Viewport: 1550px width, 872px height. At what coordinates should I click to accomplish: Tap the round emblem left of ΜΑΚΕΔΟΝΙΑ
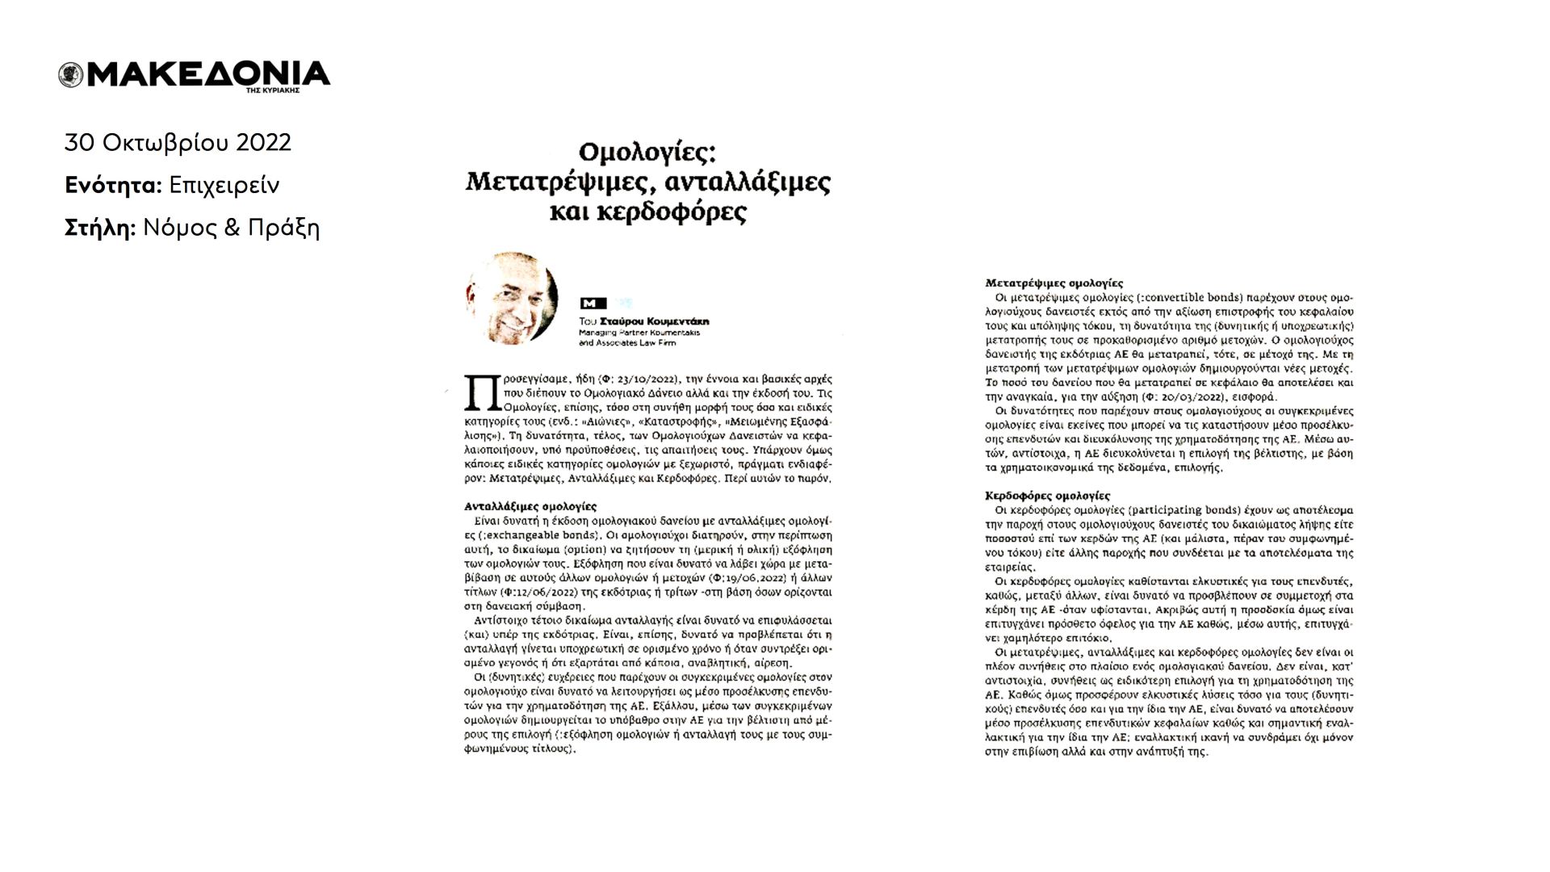[x=71, y=75]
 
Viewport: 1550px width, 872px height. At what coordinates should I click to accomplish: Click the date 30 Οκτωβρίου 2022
[x=178, y=143]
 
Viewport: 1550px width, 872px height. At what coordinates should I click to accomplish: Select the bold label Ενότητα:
[x=113, y=186]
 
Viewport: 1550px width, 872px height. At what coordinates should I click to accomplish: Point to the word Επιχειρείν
[x=224, y=186]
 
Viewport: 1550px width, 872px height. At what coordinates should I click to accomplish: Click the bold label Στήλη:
[x=100, y=228]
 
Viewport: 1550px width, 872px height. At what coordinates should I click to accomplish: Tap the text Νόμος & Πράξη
[x=231, y=228]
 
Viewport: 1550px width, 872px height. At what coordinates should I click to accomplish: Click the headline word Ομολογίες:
[x=647, y=153]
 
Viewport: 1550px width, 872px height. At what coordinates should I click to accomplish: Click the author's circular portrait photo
[x=512, y=298]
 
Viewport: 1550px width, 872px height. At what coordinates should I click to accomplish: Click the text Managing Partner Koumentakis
[x=639, y=332]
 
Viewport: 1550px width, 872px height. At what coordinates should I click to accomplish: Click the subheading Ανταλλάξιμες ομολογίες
[x=530, y=506]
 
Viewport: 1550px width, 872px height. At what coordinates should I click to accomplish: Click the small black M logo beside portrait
[x=593, y=304]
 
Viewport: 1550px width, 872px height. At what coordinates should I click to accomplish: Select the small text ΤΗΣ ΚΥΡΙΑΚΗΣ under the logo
[x=273, y=90]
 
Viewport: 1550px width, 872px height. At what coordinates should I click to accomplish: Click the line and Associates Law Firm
[x=627, y=342]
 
